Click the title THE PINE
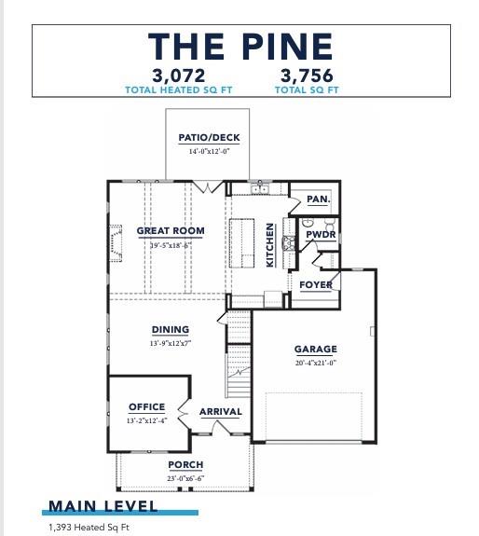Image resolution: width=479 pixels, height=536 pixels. click(x=239, y=46)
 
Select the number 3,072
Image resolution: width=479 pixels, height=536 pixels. click(x=179, y=76)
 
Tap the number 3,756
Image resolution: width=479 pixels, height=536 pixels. click(x=306, y=76)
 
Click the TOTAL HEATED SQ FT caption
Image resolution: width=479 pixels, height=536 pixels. click(x=179, y=89)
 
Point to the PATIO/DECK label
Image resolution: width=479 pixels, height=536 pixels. click(x=209, y=138)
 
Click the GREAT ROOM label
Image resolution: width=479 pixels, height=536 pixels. click(x=171, y=231)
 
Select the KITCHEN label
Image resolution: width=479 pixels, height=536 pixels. click(x=271, y=244)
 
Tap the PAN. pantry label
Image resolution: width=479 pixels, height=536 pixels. click(x=318, y=199)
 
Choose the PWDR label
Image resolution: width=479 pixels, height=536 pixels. click(x=322, y=235)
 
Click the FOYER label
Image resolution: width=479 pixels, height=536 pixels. click(x=316, y=284)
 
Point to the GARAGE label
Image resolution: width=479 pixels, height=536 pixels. click(x=316, y=350)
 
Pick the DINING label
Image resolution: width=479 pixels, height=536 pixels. click(x=171, y=330)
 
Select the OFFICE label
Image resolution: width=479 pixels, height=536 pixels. click(x=146, y=407)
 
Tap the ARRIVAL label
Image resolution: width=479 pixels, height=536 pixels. click(x=221, y=411)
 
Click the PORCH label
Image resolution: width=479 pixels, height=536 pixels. click(x=185, y=464)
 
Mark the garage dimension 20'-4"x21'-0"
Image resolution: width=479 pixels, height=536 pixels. click(x=316, y=363)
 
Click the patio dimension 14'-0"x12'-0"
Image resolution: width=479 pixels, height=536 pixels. click(x=209, y=151)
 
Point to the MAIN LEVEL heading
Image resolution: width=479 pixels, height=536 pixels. click(x=103, y=506)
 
